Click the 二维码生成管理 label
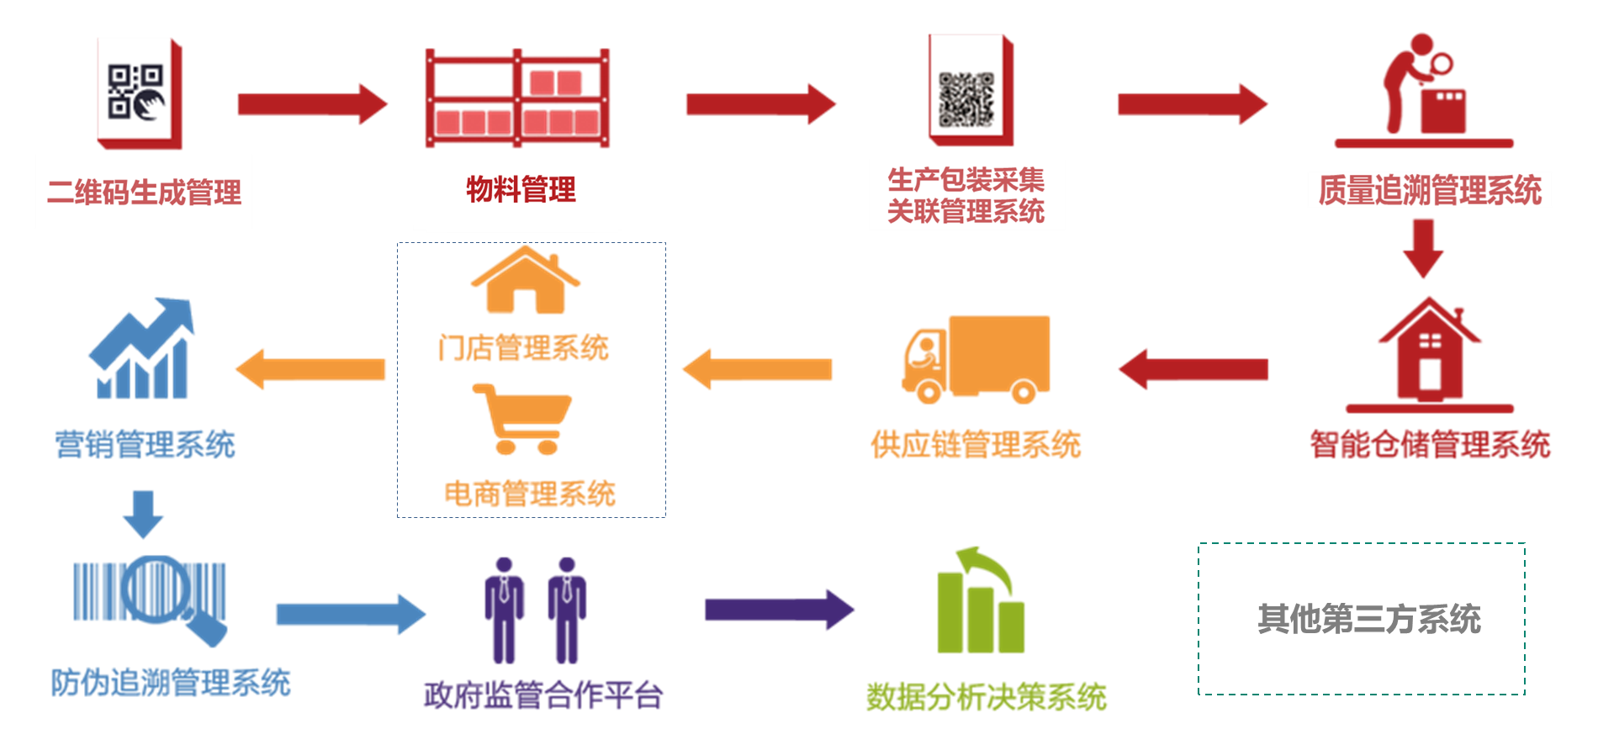pos(144,193)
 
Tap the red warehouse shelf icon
pos(518,99)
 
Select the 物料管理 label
pos(521,190)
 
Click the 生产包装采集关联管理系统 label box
pos(966,195)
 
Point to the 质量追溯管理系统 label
pos(1430,190)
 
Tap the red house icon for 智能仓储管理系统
pos(1430,353)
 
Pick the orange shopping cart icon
pos(524,418)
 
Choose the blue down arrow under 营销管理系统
pos(143,514)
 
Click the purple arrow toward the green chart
pos(779,610)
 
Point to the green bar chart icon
pos(981,602)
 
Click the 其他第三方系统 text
pos(1368,619)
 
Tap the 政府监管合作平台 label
pos(543,695)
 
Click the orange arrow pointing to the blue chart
pos(310,369)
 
